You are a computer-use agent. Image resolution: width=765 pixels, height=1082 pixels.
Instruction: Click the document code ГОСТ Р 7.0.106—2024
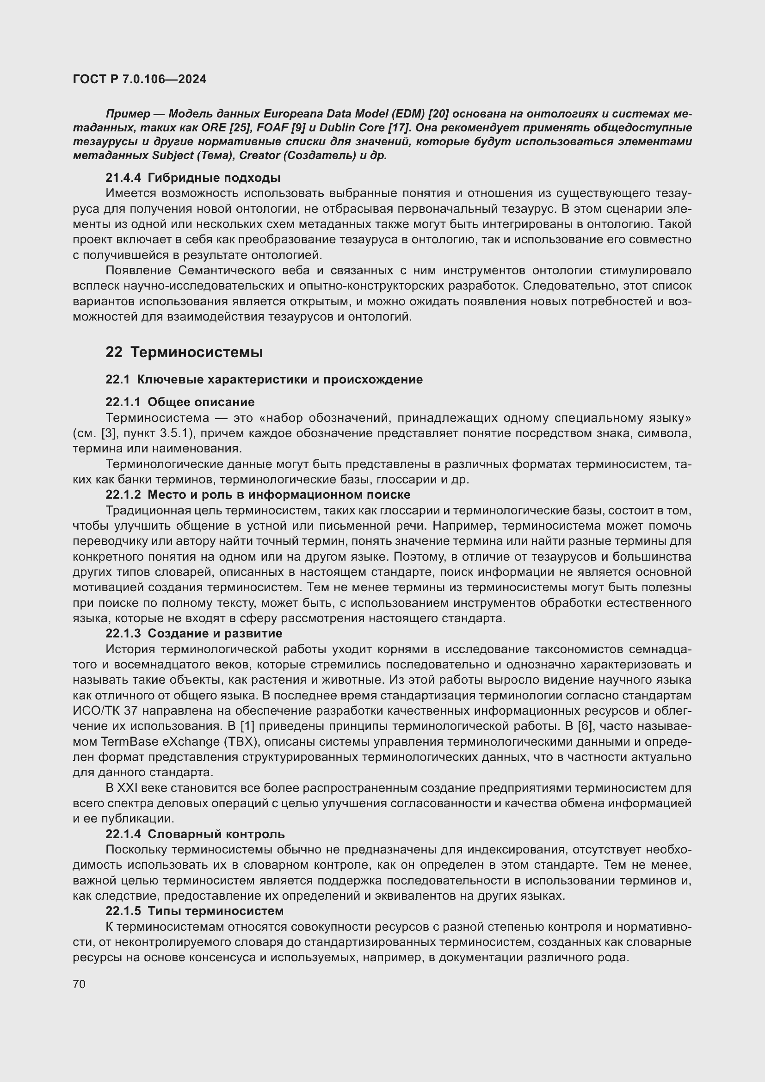[139, 79]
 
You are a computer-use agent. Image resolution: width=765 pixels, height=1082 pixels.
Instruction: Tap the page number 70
[79, 984]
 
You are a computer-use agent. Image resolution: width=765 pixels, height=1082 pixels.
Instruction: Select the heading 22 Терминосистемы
[184, 352]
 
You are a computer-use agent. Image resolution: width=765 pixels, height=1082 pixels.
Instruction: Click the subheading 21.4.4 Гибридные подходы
[193, 178]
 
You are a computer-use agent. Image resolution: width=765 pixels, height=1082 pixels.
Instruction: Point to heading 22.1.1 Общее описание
[180, 402]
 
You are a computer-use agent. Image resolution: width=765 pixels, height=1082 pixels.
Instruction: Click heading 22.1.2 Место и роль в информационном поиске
[258, 495]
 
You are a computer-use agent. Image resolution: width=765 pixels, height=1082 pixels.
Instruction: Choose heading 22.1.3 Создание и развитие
[194, 633]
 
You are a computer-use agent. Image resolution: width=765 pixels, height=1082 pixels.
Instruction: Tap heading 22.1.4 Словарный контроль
[195, 834]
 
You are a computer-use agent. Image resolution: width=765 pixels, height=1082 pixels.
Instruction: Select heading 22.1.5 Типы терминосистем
[195, 910]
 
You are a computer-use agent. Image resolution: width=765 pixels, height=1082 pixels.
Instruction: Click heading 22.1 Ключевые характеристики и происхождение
[264, 379]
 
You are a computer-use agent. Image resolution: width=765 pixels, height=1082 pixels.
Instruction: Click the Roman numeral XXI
[127, 787]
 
